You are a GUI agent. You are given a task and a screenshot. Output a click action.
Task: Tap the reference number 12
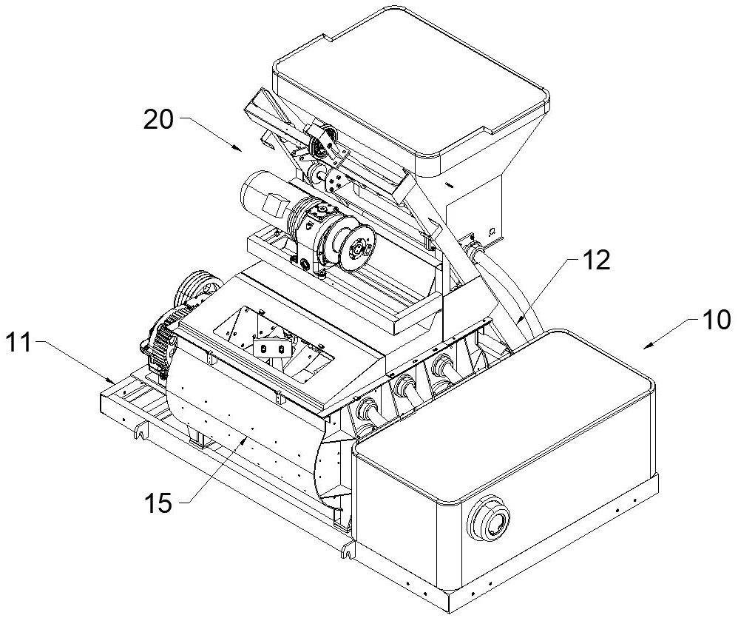pyautogui.click(x=596, y=263)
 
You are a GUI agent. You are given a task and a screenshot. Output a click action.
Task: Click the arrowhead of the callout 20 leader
pyautogui.click(x=241, y=149)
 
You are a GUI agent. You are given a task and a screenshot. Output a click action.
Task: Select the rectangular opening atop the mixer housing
pyautogui.click(x=274, y=337)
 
